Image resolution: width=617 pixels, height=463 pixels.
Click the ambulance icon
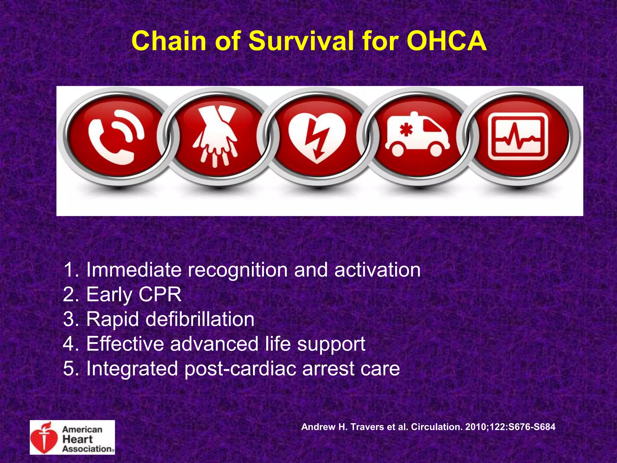417,136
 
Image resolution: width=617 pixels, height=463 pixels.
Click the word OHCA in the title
446,41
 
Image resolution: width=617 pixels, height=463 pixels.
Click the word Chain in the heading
168,41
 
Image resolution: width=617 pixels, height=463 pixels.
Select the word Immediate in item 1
134,269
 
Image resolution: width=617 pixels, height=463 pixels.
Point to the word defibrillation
200,319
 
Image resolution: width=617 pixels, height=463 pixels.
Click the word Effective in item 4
125,344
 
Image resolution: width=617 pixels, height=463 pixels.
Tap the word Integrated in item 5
132,369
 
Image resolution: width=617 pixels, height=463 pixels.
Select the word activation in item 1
377,269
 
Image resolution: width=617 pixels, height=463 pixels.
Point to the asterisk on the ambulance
406,130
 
